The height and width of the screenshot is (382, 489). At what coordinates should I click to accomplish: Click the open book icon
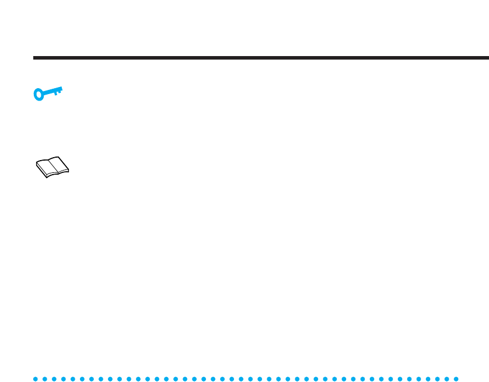tap(52, 166)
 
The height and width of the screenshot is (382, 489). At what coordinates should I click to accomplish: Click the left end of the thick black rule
tap(34, 58)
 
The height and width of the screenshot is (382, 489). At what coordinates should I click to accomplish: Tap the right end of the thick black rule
tap(487, 58)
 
